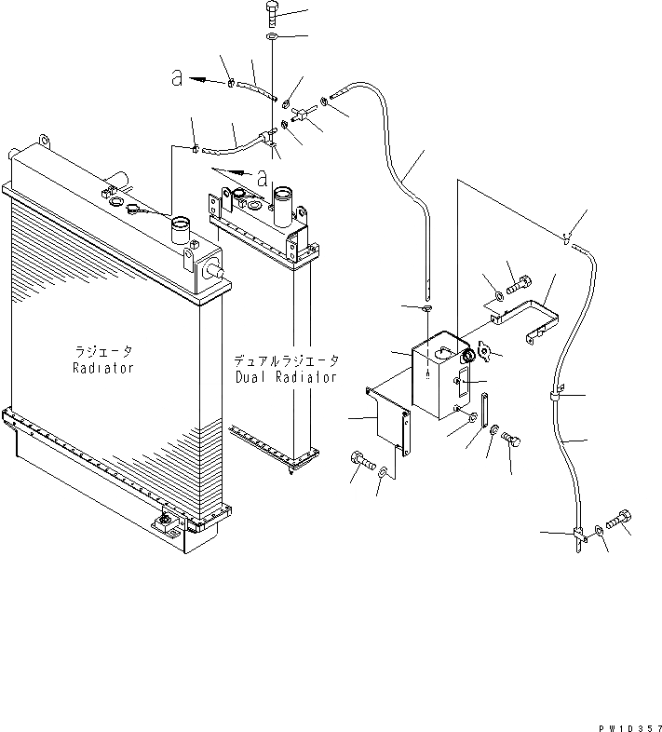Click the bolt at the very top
pos(271,12)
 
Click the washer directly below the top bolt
pos(271,36)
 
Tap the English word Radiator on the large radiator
pos(103,368)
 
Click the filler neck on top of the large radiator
pos(179,227)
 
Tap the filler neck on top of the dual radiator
pos(284,200)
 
